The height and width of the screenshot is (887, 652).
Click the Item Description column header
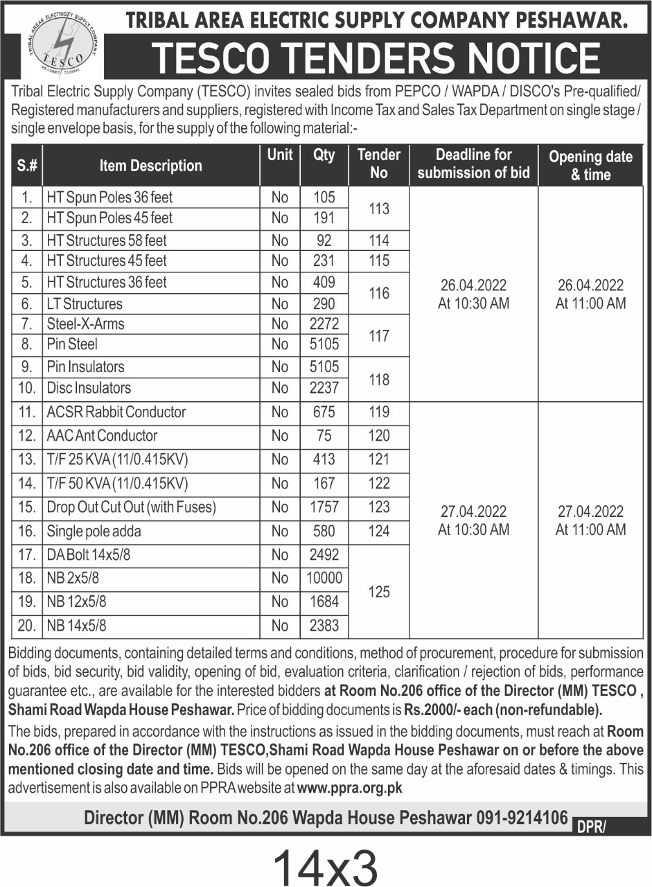(150, 166)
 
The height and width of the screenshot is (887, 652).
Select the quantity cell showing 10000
(324, 579)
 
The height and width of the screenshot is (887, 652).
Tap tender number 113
(379, 208)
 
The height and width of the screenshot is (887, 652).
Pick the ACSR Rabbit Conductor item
(116, 412)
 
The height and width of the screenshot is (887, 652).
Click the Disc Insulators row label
(89, 388)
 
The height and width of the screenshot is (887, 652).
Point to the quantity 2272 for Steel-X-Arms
(324, 324)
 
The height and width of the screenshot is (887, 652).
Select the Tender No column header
(379, 164)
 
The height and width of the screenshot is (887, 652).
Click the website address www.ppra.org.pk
(350, 788)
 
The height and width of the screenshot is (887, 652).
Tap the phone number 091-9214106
(522, 818)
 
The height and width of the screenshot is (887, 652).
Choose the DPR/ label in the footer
(590, 825)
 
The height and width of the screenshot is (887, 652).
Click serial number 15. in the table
(27, 507)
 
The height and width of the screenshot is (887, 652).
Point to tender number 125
(379, 592)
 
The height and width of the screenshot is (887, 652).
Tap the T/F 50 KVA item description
(118, 483)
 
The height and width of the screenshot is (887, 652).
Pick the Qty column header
(324, 155)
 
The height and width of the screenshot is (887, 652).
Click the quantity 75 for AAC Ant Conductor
(324, 436)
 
